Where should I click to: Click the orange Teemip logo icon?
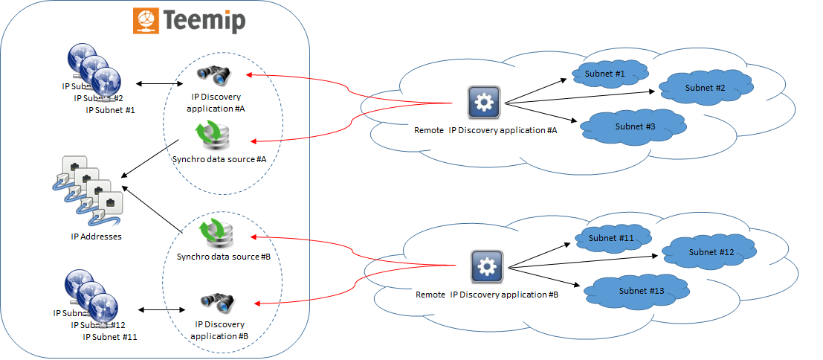coord(146,20)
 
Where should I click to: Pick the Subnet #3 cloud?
coord(635,126)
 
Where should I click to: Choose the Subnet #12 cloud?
coord(711,252)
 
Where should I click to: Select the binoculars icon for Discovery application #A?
coord(214,74)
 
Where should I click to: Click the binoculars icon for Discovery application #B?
coord(217,302)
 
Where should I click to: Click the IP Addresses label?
coord(96,237)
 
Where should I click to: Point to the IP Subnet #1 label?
coord(115,110)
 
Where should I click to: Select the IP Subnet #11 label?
coord(110,337)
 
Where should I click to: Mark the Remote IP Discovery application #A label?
coord(485,130)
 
